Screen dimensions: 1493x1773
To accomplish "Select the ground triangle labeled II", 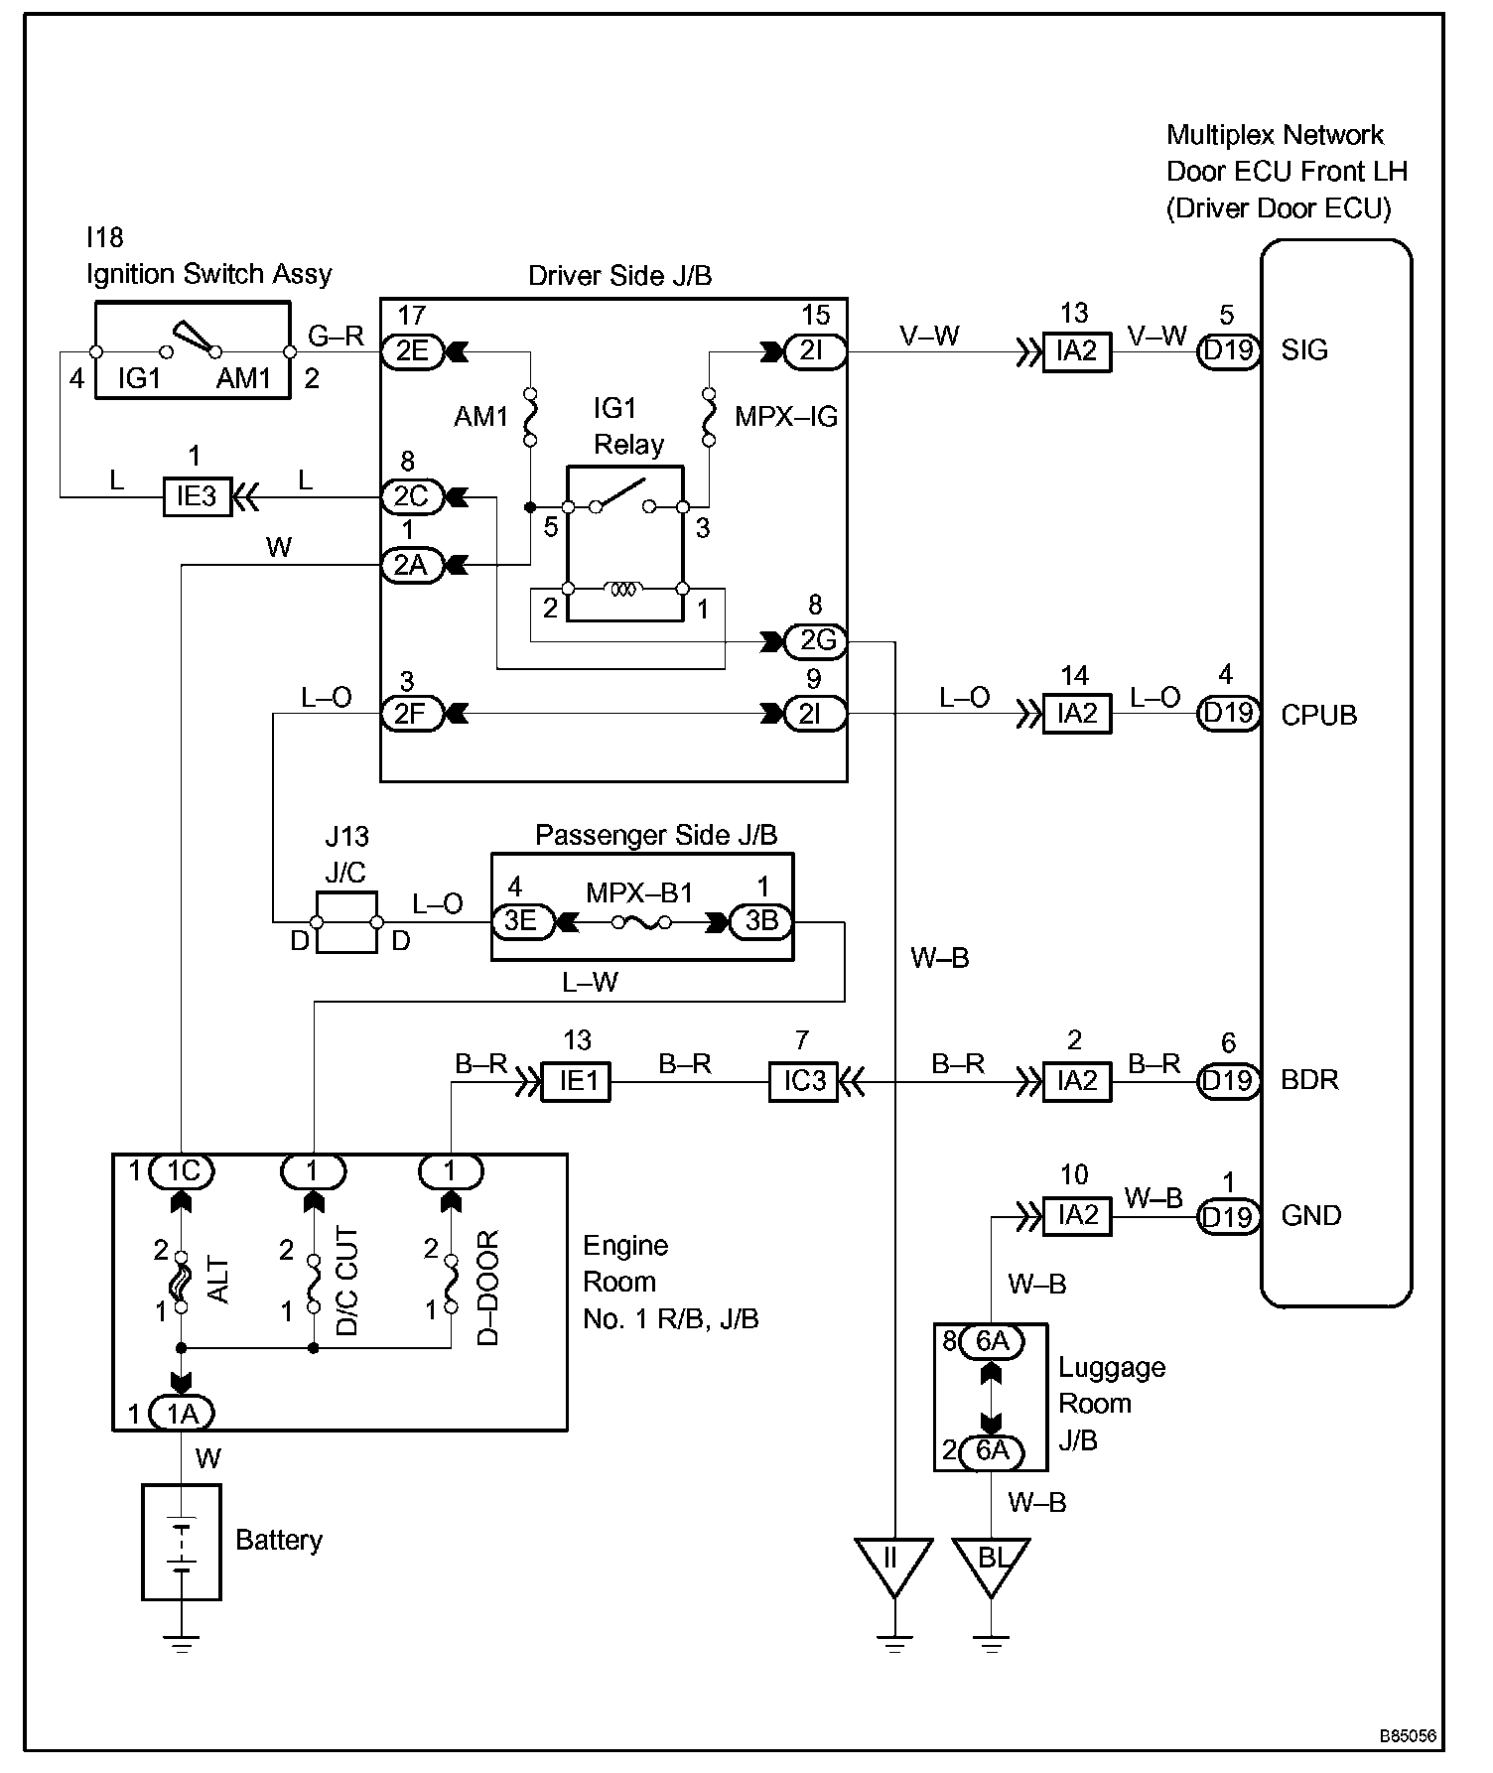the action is tap(894, 1565).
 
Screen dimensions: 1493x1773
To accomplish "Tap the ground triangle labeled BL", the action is tap(991, 1565).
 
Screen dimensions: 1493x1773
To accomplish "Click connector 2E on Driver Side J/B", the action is tap(412, 351).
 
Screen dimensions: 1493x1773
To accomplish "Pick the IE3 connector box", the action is tap(197, 496).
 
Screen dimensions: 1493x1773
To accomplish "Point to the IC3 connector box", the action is tap(804, 1081).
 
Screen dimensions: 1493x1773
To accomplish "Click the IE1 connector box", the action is tap(576, 1081).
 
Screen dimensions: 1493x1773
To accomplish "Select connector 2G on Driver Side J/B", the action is tap(816, 641).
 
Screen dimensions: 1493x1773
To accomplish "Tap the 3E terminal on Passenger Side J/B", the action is tap(522, 921).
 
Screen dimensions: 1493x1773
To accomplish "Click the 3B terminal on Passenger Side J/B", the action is tap(761, 921).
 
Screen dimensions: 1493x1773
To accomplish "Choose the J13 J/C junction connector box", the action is tap(345, 922).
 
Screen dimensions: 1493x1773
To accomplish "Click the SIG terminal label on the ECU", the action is tap(1304, 350).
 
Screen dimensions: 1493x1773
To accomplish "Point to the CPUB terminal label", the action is tap(1319, 715).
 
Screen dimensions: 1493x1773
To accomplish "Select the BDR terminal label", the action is tap(1310, 1080).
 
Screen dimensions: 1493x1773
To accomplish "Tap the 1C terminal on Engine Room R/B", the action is tap(183, 1171).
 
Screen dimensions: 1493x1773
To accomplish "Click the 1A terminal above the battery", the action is tap(183, 1413).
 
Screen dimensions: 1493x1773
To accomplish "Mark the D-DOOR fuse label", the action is tap(487, 1288).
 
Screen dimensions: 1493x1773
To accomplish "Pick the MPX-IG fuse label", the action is tap(786, 417).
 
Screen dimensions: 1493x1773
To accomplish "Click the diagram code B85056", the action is tap(1408, 1736).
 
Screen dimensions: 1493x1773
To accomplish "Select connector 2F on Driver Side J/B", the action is tap(412, 714).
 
